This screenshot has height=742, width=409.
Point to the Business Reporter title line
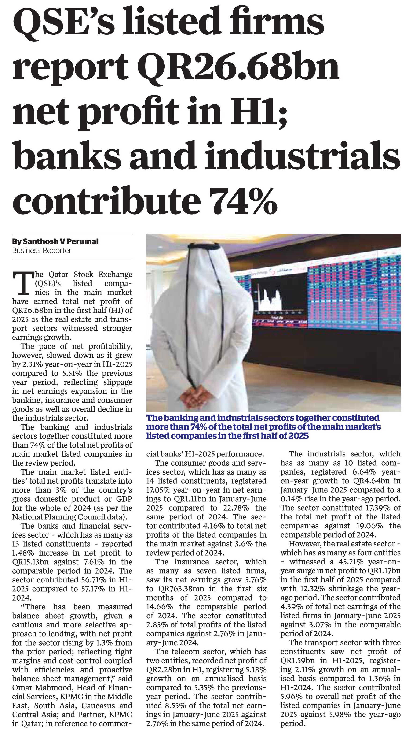(41, 251)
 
